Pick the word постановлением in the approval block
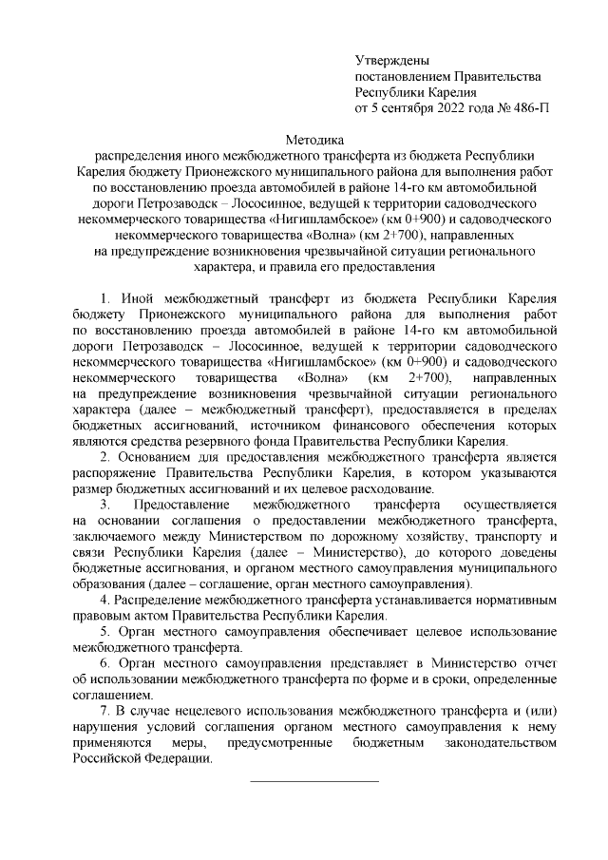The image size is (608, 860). click(402, 76)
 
